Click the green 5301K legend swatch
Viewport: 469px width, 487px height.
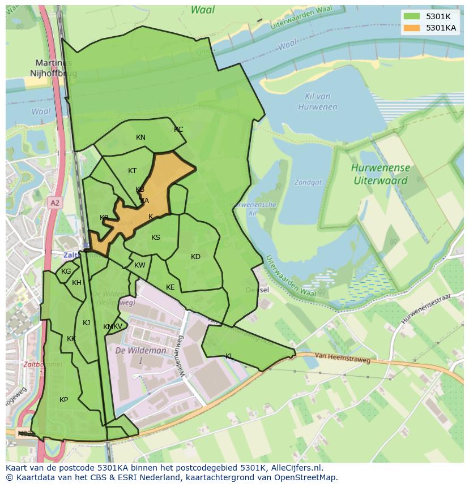[x=412, y=16]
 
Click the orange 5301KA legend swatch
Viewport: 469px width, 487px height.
[x=412, y=28]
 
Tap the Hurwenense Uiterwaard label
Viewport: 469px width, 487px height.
[x=380, y=174]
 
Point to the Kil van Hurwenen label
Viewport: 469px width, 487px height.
[x=317, y=102]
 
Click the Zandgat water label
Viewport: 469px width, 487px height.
[x=308, y=182]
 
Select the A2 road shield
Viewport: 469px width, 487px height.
[x=54, y=202]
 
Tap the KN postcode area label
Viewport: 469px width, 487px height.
[x=140, y=137]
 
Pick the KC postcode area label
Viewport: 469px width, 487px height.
[x=178, y=130]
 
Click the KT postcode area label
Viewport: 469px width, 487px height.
[x=132, y=171]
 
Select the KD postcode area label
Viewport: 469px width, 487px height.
[x=195, y=257]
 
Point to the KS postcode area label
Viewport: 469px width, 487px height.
[x=156, y=238]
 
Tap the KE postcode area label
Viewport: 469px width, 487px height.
[x=170, y=287]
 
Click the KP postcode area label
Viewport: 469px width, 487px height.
[x=63, y=400]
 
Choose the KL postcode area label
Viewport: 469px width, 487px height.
[x=229, y=356]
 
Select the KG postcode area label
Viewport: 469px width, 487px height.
[x=66, y=271]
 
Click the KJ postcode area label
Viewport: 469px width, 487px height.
[x=86, y=323]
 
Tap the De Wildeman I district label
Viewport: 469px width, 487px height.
[x=141, y=355]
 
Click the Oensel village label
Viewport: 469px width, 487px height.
[x=257, y=290]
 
